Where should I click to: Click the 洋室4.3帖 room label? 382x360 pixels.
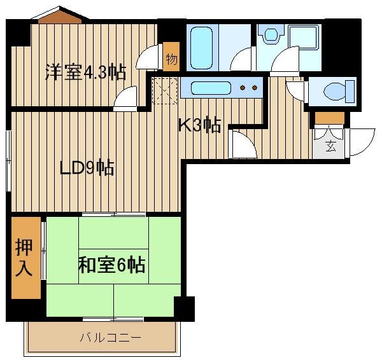[86, 72]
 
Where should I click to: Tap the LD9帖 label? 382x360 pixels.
[87, 168]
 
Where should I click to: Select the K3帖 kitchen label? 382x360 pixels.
[200, 125]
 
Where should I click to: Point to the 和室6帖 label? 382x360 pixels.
[111, 265]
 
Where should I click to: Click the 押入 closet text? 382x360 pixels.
[24, 258]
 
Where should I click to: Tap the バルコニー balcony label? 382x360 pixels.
[111, 338]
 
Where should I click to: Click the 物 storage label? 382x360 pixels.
[171, 59]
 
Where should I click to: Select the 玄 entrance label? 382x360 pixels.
[330, 146]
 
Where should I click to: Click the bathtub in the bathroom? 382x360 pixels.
[201, 48]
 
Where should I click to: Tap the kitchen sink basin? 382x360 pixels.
[211, 88]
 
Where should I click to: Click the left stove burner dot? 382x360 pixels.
[243, 88]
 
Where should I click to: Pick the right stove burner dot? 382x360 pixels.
[255, 88]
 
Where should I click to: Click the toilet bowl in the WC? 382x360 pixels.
[334, 92]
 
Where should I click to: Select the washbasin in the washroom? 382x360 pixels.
[271, 34]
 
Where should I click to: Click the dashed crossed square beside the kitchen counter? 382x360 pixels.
[165, 91]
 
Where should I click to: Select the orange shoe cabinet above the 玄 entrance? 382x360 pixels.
[329, 118]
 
